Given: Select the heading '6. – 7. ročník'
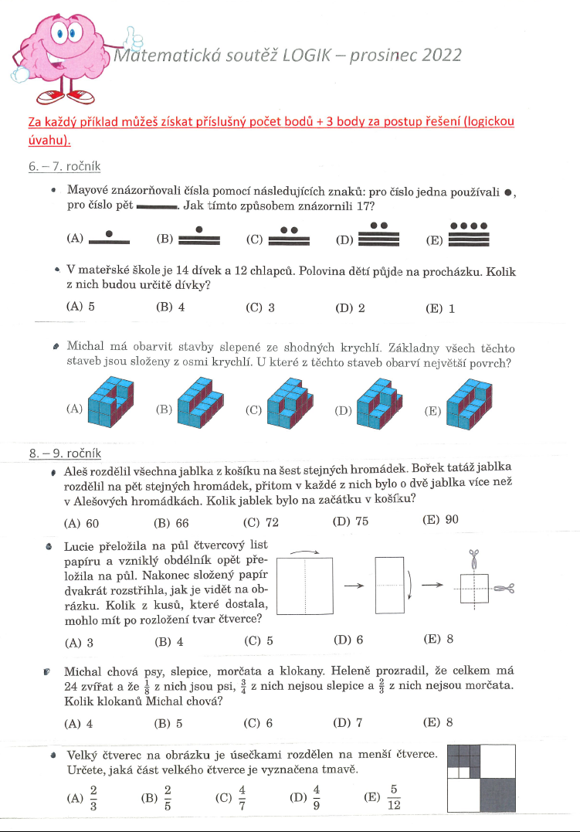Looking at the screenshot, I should pyautogui.click(x=64, y=167).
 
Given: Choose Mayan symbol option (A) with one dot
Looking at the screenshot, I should pyautogui.click(x=109, y=236).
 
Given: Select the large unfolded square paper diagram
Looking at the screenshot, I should pyautogui.click(x=304, y=585).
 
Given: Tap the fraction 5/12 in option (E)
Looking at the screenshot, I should pyautogui.click(x=393, y=796).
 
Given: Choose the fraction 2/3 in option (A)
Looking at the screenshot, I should pyautogui.click(x=93, y=796).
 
